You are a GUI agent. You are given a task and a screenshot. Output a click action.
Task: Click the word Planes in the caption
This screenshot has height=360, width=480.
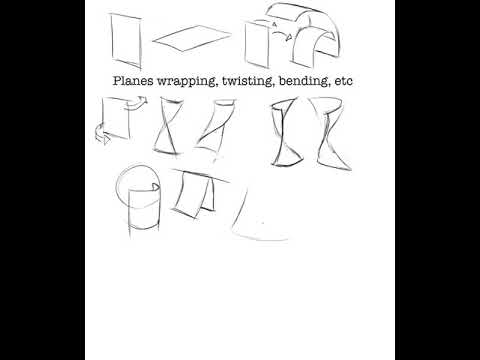pyautogui.click(x=133, y=79)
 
